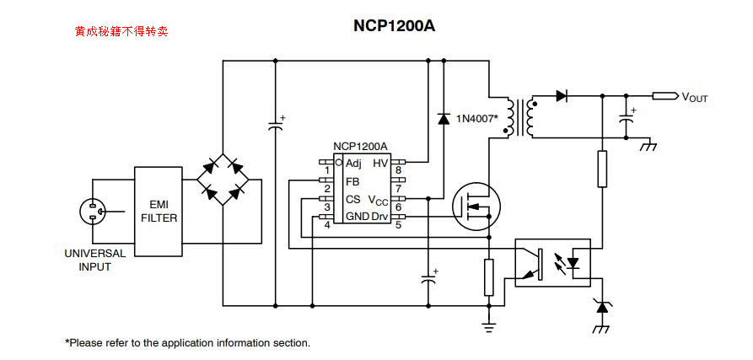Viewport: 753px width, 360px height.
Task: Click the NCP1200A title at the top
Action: (x=394, y=25)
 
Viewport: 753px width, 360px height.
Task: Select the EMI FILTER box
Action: (x=159, y=211)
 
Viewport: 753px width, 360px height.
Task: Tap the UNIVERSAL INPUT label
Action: (x=95, y=260)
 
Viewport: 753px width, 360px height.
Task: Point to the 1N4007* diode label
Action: (x=477, y=118)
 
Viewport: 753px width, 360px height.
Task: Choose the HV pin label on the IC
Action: (x=380, y=164)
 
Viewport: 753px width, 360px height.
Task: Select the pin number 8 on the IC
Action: (x=398, y=171)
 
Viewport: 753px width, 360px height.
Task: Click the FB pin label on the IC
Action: (x=352, y=181)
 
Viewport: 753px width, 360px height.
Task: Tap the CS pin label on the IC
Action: (x=352, y=200)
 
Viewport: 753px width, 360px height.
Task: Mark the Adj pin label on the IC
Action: (x=353, y=164)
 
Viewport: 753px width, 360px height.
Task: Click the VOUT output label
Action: (x=695, y=98)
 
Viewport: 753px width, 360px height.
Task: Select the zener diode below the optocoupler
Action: (x=601, y=306)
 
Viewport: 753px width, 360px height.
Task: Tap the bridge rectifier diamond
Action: (x=223, y=180)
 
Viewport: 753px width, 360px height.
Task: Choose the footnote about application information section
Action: (x=187, y=343)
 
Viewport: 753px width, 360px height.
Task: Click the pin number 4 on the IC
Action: (x=327, y=225)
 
